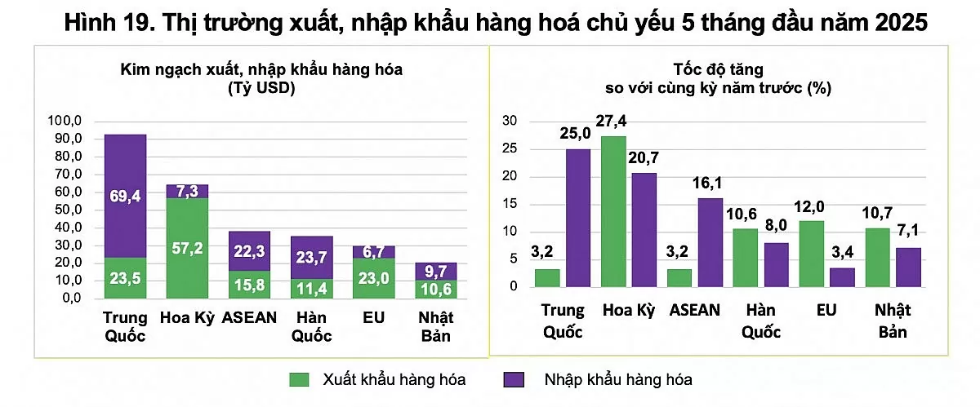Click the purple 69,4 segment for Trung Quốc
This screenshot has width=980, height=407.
coord(125,196)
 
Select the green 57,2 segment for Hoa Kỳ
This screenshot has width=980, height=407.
coord(187,248)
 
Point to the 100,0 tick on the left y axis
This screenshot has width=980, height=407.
coord(67,122)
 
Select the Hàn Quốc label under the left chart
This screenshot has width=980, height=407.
coord(311,325)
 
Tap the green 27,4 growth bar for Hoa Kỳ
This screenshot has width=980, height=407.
coord(613,211)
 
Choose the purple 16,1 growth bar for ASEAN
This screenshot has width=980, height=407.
coord(710,242)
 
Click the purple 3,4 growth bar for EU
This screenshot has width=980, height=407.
coord(843,277)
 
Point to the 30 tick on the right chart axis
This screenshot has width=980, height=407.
coord(510,122)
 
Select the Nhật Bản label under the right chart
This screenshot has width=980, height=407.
coord(893,321)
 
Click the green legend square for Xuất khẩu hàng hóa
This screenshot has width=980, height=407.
coord(300,380)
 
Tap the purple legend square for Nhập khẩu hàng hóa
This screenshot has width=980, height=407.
coord(512,380)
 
